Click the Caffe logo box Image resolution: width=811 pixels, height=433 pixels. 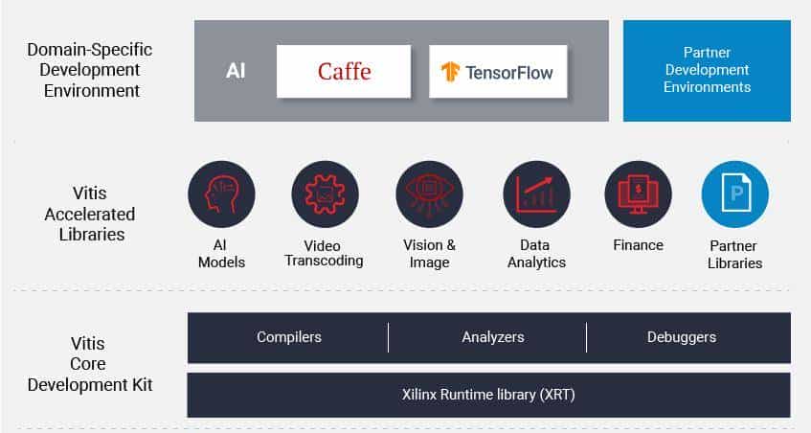coord(344,71)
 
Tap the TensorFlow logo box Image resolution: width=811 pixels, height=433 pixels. coord(496,71)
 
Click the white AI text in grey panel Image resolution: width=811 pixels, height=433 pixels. coord(236,71)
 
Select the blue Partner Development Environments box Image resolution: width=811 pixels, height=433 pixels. coord(707,71)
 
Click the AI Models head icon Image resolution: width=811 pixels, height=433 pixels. coord(221,194)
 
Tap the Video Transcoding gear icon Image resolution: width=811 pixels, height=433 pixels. coord(325,194)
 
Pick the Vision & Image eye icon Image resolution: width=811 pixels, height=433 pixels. coord(430,194)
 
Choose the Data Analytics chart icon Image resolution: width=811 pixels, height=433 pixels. coord(536,194)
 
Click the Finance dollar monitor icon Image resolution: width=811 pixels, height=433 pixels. coord(638,194)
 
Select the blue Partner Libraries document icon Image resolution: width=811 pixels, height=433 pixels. coord(735,194)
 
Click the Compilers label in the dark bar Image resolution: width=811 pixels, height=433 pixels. coord(289,337)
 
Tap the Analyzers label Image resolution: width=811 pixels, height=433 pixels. coord(493,337)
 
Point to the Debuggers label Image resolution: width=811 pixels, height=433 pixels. coord(682,337)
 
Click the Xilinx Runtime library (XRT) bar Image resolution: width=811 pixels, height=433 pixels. coord(489,394)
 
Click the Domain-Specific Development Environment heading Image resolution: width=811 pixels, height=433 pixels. coord(89,70)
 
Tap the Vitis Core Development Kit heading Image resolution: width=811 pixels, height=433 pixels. coord(89,364)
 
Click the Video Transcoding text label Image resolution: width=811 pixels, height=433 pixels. coord(325,253)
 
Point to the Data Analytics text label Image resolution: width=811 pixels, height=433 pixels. coord(536,254)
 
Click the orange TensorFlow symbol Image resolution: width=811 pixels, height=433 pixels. coord(451,72)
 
